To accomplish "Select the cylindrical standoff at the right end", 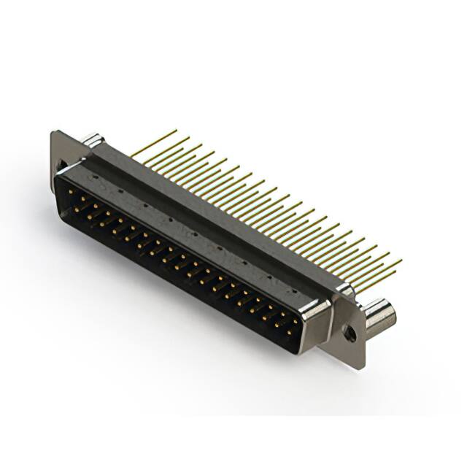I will (379, 315).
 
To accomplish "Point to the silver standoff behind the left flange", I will (91, 139).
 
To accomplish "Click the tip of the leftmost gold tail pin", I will (176, 131).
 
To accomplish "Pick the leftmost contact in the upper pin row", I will (70, 191).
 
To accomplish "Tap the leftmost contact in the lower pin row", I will (76, 207).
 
